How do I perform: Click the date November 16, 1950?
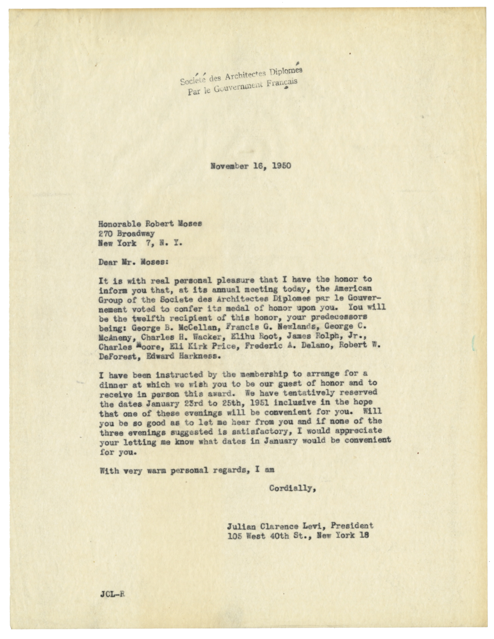(x=251, y=166)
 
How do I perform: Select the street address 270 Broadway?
(x=126, y=233)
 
